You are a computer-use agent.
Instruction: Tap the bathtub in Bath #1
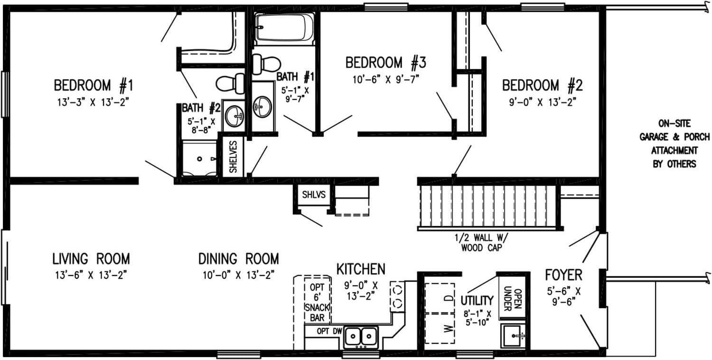coord(283,28)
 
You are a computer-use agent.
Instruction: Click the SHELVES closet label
coord(233,156)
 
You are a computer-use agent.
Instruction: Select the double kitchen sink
coord(360,337)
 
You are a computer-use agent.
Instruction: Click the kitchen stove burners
coord(397,295)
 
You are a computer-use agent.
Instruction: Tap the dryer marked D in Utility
coord(447,298)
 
